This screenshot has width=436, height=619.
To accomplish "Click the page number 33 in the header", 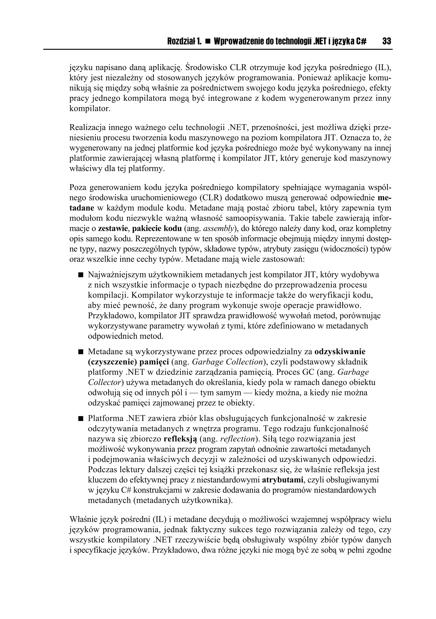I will (386, 41).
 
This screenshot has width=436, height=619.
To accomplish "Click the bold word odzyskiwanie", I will (340, 352).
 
